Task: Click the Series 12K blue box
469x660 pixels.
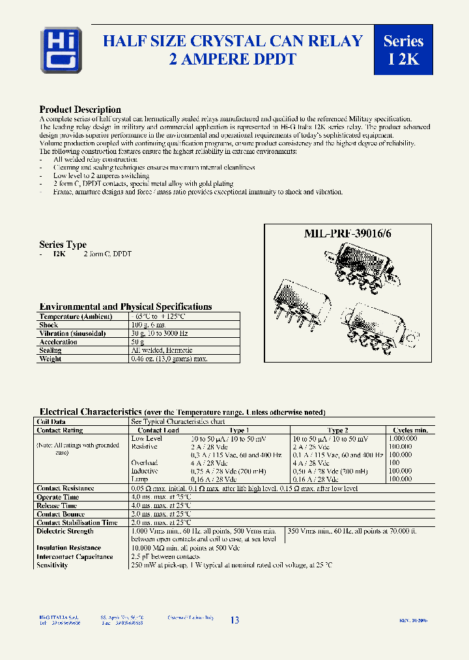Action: [403, 50]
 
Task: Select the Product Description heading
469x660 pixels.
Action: [80, 110]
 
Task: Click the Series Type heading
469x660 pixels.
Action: [63, 245]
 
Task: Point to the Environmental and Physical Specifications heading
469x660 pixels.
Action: [126, 307]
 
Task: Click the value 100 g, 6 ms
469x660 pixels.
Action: [149, 325]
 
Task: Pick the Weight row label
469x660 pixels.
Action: [50, 359]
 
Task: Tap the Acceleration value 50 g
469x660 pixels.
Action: [137, 342]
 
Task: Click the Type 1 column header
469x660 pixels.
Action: [239, 430]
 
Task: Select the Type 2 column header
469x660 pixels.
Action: [337, 430]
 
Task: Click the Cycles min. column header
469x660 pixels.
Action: [410, 430]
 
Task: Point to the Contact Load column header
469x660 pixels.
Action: [158, 430]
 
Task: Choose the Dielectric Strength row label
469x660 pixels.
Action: [65, 531]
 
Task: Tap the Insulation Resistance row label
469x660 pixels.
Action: [69, 548]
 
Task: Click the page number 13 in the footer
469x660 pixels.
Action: [234, 620]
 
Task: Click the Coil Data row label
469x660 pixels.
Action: [51, 422]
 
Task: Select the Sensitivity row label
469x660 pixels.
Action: [52, 565]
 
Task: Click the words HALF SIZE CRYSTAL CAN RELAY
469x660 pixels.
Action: [233, 41]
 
